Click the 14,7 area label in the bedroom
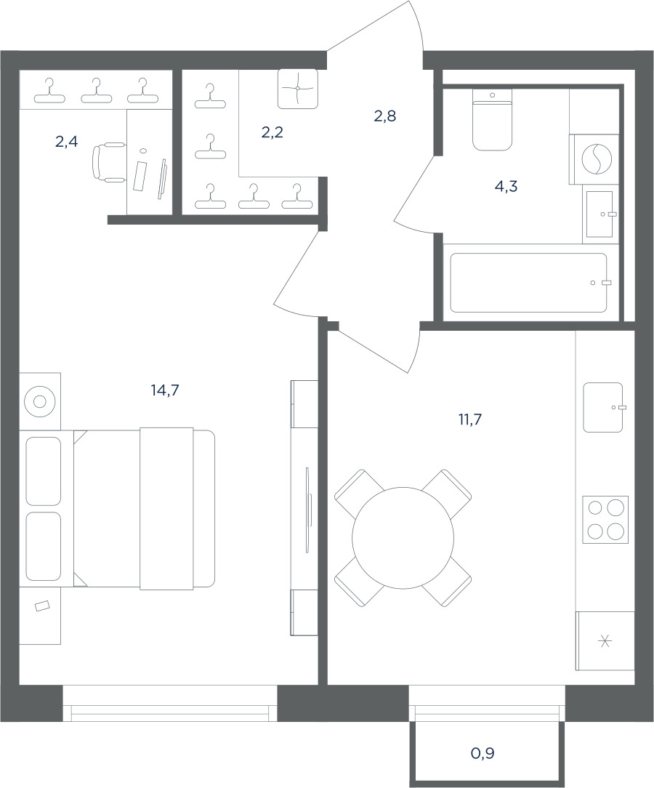coord(165,390)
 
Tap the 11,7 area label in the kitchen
coord(469,419)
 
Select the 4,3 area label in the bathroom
coord(506,186)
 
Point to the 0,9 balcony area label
coord(483,753)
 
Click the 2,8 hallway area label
coord(384,116)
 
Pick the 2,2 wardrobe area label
coord(272,133)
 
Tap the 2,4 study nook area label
coord(66,142)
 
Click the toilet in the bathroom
coord(492,120)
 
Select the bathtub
coord(528,283)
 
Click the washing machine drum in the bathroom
coord(597,158)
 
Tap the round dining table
coord(403,538)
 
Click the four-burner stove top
coord(605,520)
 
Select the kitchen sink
coord(602,408)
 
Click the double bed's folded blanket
coord(166,509)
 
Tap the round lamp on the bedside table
coord(40,401)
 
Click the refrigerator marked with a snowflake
coord(605,640)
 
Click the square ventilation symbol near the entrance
coord(298,89)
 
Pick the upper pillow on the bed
coord(43,471)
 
